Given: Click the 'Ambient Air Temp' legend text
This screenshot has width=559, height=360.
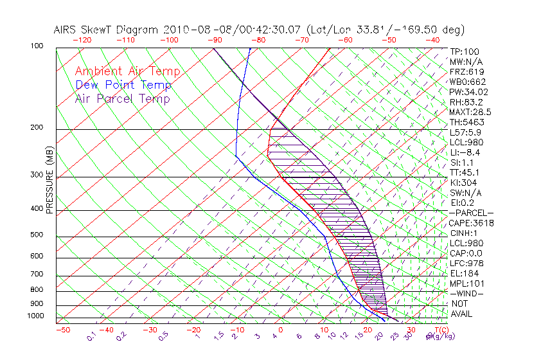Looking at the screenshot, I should pyautogui.click(x=127, y=72).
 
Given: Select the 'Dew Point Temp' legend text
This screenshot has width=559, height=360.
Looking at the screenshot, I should pyautogui.click(x=123, y=85).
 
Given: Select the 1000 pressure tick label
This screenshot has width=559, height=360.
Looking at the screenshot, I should pyautogui.click(x=36, y=316).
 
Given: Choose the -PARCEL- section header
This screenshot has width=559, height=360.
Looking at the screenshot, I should pyautogui.click(x=471, y=213).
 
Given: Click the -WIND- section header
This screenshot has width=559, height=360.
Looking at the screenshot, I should pyautogui.click(x=466, y=293).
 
